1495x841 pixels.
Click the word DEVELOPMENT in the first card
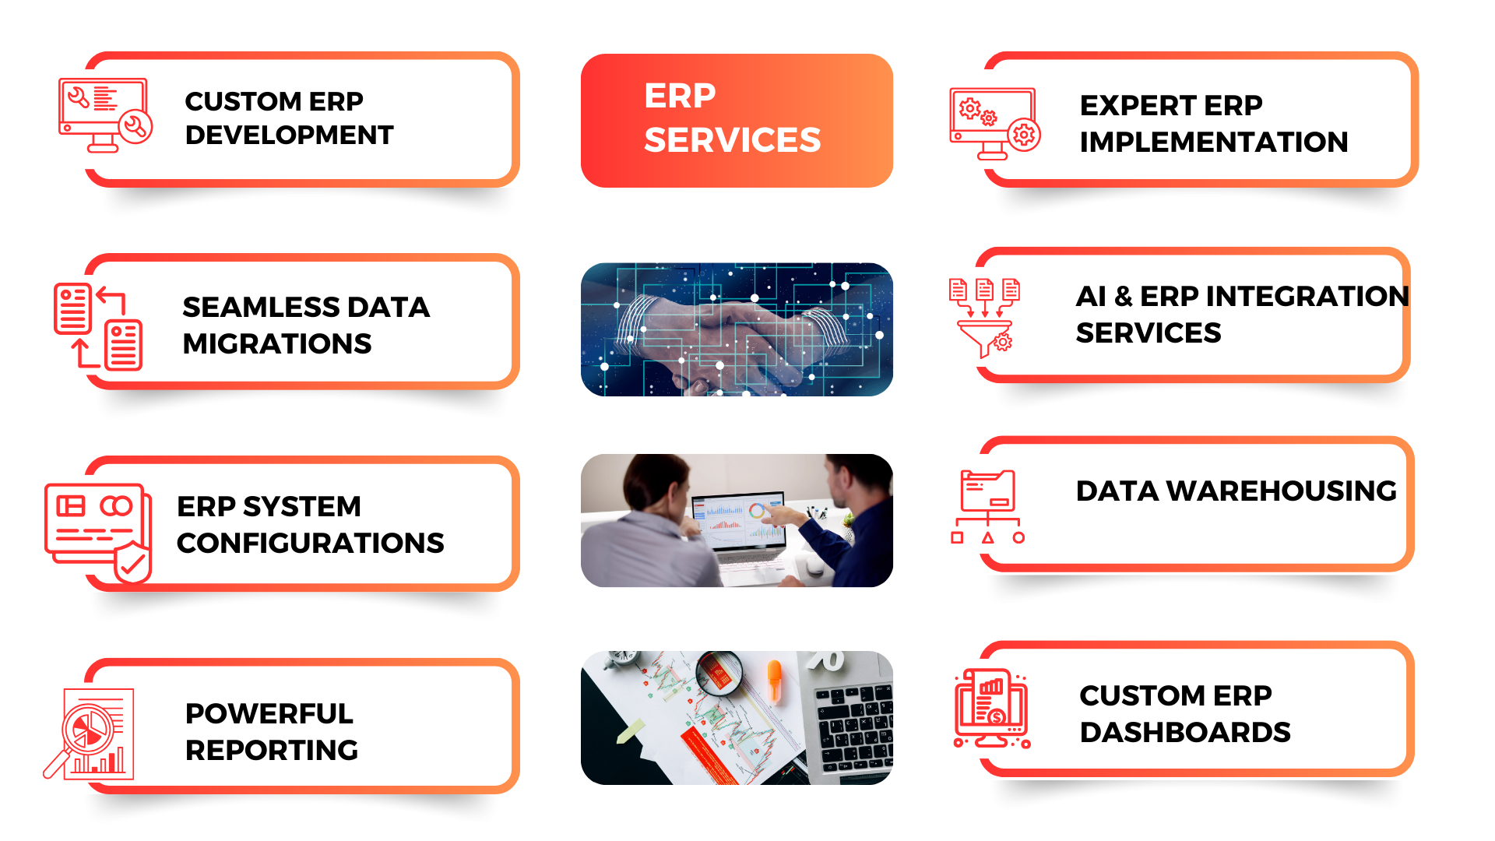(290, 135)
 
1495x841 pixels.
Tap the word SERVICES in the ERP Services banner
(733, 140)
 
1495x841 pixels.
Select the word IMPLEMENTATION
(1214, 143)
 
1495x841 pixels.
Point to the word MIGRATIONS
(277, 344)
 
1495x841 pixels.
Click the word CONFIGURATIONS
(311, 544)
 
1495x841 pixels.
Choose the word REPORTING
(272, 751)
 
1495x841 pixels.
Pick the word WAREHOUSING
(1282, 491)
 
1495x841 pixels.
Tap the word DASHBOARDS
(1185, 733)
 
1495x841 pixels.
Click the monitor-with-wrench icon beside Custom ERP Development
(105, 115)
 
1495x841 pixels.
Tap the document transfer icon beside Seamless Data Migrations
(98, 326)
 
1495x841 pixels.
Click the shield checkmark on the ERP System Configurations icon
(132, 563)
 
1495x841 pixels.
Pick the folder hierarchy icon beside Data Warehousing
(988, 507)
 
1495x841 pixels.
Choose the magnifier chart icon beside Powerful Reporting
(89, 734)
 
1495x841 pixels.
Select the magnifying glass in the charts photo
(718, 674)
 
